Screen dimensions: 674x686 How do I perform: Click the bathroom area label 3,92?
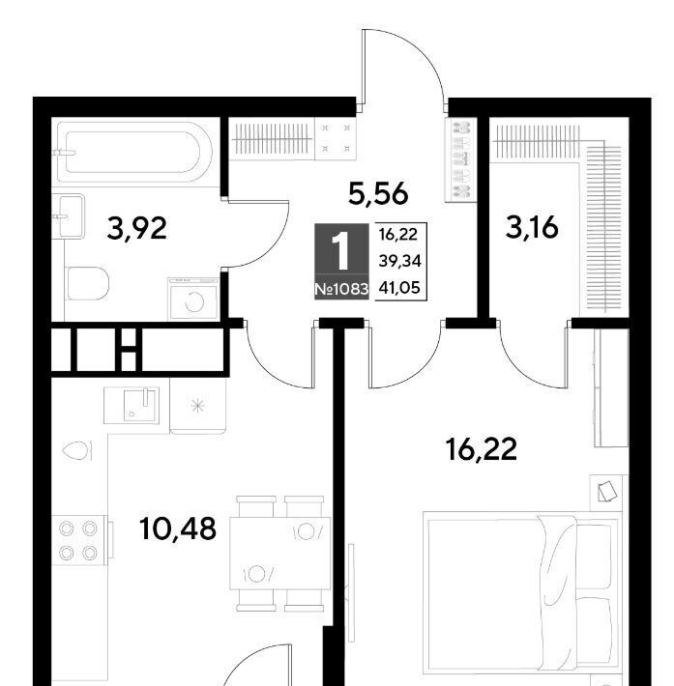(x=136, y=229)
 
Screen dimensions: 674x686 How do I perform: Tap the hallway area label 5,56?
(x=378, y=193)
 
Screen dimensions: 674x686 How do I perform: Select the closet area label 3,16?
(x=532, y=228)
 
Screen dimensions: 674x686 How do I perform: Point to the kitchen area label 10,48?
(x=177, y=529)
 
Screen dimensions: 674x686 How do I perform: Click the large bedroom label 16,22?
(x=481, y=449)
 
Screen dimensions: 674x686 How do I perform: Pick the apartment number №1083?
(x=341, y=289)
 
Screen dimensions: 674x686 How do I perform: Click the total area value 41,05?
(x=399, y=287)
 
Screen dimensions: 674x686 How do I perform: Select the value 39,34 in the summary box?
(x=399, y=261)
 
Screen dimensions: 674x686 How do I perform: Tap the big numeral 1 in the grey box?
(x=341, y=251)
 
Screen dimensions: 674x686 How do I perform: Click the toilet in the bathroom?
(x=87, y=283)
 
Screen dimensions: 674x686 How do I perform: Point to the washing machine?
(x=193, y=299)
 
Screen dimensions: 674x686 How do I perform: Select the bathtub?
(x=133, y=153)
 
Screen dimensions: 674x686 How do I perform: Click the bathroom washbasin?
(x=68, y=216)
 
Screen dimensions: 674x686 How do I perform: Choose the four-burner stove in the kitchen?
(x=79, y=541)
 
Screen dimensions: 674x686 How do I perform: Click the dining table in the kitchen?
(x=280, y=553)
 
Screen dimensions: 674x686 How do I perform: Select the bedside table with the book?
(x=606, y=493)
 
